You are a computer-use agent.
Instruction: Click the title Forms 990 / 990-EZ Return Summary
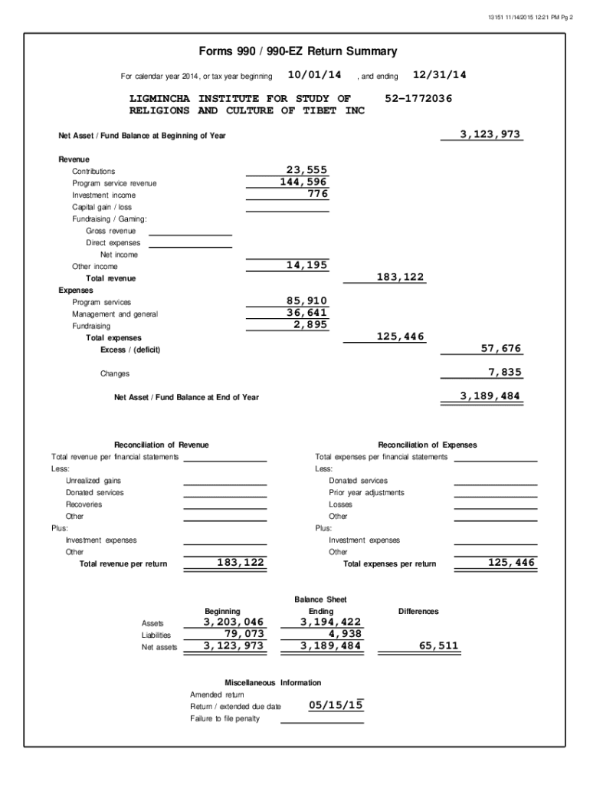click(298, 52)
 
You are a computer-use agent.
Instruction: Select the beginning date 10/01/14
click(314, 75)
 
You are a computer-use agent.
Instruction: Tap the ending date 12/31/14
click(439, 75)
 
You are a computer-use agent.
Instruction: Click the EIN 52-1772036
click(418, 99)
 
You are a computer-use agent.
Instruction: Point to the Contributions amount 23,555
click(306, 170)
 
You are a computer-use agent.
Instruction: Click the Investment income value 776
click(316, 194)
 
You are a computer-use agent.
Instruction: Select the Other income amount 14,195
click(306, 265)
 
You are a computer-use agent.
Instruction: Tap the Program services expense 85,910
click(306, 301)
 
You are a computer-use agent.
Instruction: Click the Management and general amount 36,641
click(306, 313)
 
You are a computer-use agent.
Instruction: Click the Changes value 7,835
click(504, 373)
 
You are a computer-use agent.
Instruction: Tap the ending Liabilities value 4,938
click(344, 634)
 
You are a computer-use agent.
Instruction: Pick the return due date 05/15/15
click(336, 705)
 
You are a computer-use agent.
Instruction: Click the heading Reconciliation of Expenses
click(427, 445)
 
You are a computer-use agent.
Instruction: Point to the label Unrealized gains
click(93, 481)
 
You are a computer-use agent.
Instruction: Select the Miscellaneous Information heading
click(273, 682)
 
